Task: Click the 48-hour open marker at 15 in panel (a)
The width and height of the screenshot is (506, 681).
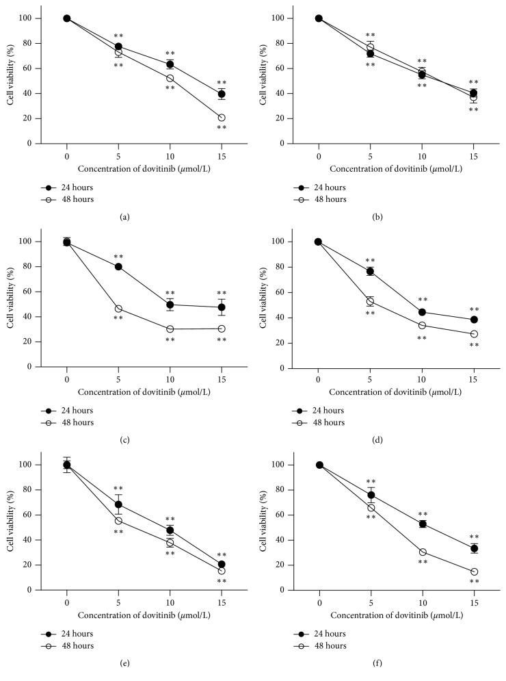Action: click(222, 118)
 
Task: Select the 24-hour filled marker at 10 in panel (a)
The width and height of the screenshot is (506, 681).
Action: click(170, 64)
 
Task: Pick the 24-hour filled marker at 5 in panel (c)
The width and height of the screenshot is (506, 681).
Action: click(118, 266)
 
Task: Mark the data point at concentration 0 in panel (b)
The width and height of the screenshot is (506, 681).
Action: click(319, 18)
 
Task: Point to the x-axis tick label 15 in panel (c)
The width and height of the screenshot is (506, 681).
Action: click(222, 378)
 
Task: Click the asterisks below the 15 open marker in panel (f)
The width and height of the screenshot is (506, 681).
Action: click(474, 582)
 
